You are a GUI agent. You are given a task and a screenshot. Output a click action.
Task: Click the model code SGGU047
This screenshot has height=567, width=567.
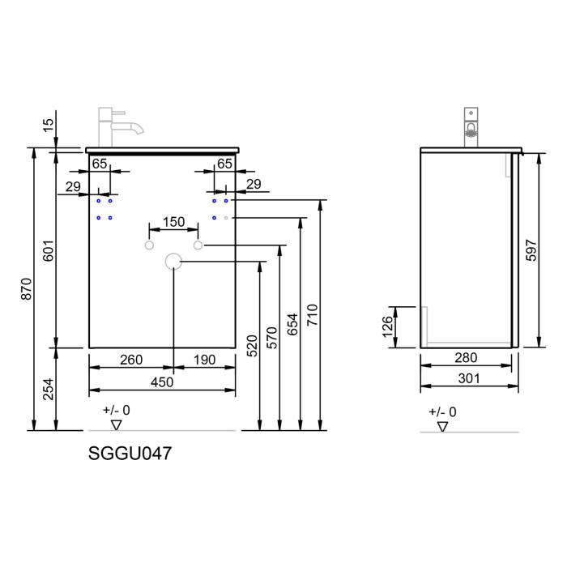(129, 454)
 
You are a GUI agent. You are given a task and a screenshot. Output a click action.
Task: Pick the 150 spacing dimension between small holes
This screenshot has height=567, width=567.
(173, 222)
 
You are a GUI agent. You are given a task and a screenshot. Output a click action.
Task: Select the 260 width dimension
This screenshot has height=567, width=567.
(130, 360)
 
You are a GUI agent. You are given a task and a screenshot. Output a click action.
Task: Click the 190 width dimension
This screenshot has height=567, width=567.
(203, 360)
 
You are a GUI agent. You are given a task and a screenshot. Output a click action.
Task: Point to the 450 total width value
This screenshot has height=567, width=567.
(162, 382)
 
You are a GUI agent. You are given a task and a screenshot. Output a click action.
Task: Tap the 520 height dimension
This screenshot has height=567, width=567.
(252, 347)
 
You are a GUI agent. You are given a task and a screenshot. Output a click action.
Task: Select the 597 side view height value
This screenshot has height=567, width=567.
(531, 249)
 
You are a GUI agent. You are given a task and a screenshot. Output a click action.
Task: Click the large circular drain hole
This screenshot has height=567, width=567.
(173, 261)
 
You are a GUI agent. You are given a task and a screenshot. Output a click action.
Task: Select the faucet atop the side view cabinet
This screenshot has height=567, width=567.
(470, 126)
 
